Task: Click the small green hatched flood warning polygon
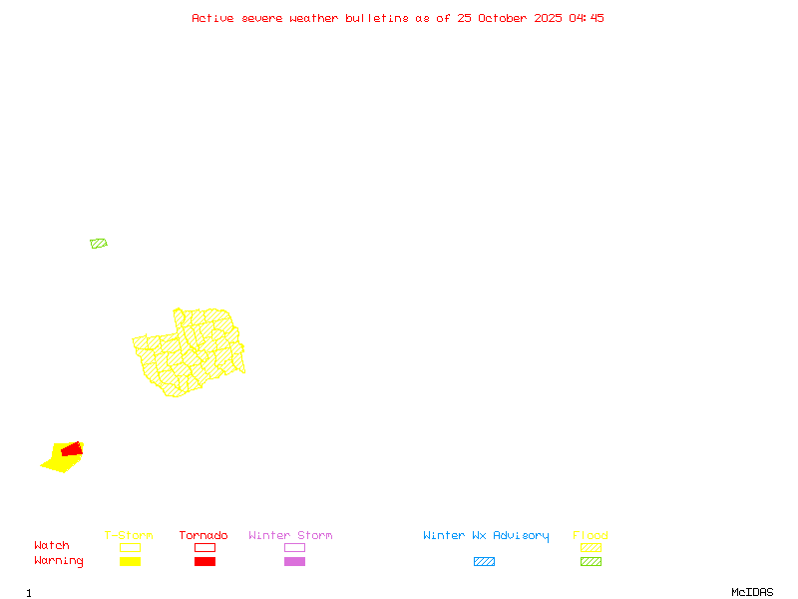(98, 244)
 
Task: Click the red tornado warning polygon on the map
(71, 450)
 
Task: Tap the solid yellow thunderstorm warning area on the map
(57, 462)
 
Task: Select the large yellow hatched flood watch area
(190, 354)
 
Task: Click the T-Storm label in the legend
(129, 536)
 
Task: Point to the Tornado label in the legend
(203, 536)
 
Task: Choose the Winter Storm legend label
(290, 536)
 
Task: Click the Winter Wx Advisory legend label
(486, 536)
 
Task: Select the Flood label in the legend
(591, 536)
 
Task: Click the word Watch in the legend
(52, 546)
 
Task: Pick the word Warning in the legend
(59, 561)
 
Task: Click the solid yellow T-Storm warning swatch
(130, 562)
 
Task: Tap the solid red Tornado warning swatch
(204, 562)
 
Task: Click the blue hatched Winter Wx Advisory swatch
(484, 562)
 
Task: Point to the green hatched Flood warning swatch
(591, 562)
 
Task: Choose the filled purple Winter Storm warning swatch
(294, 562)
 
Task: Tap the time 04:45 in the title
(587, 18)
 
